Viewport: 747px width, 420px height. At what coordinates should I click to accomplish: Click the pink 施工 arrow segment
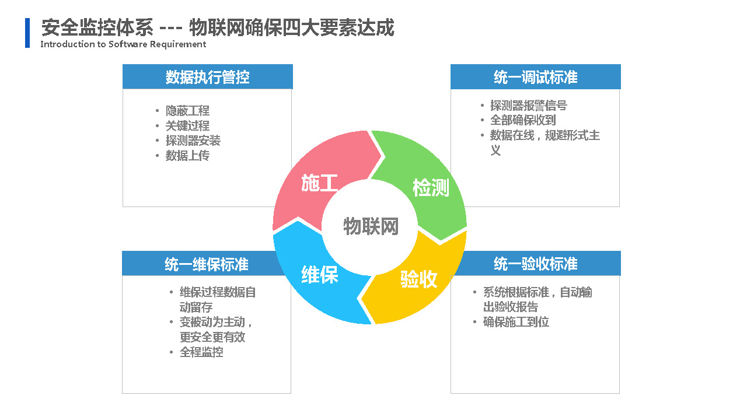[317, 173]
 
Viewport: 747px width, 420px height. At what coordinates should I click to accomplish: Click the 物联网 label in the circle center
[371, 226]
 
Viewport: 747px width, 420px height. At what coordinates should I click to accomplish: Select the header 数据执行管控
[207, 77]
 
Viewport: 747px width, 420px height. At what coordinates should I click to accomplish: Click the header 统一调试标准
[536, 77]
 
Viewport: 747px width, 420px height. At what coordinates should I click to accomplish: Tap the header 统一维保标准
[207, 264]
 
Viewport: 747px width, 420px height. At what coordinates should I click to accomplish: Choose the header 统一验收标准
[536, 264]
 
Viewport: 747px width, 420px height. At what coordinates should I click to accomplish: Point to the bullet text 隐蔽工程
[187, 111]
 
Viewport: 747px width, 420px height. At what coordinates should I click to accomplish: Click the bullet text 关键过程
[187, 125]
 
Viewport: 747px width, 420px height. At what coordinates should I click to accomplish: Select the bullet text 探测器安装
[193, 141]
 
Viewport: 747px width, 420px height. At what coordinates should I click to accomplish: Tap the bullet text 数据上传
[187, 155]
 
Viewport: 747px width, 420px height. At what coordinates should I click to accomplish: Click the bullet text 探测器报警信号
[529, 106]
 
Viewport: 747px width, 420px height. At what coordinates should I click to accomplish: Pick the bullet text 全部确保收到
[523, 120]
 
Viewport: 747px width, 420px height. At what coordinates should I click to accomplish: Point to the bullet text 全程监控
[201, 352]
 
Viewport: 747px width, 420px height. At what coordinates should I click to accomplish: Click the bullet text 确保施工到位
[516, 322]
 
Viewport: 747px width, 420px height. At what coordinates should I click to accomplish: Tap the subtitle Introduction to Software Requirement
[123, 44]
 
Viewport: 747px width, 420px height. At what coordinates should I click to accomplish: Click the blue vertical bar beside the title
[27, 33]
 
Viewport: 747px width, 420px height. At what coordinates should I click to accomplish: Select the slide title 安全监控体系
[97, 27]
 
